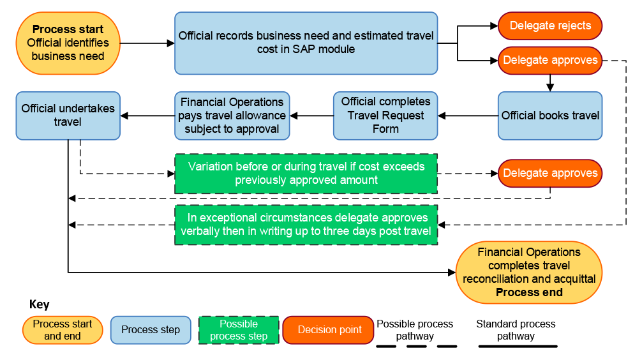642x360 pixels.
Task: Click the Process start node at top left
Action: click(x=68, y=43)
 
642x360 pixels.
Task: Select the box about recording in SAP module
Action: click(x=306, y=43)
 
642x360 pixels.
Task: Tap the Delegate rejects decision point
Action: click(x=549, y=26)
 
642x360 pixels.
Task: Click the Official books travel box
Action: click(x=549, y=116)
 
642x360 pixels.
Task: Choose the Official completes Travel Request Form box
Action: click(x=385, y=116)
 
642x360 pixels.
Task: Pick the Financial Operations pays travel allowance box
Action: click(x=232, y=116)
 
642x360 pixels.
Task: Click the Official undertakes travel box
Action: click(x=68, y=116)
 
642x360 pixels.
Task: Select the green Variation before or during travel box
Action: click(x=306, y=174)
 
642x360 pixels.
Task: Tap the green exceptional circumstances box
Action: click(x=306, y=225)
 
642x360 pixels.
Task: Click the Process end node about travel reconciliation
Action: click(x=529, y=272)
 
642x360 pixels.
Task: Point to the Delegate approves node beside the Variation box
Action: click(x=549, y=174)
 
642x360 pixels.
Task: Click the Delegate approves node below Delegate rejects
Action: click(x=549, y=61)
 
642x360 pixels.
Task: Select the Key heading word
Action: click(x=39, y=304)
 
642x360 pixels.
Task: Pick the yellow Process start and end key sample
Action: click(x=62, y=330)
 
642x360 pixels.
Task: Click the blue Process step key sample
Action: click(x=151, y=330)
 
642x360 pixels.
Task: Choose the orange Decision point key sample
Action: click(x=328, y=330)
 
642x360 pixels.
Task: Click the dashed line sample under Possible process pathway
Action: click(x=415, y=347)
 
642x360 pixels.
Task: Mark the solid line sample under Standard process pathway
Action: click(x=518, y=347)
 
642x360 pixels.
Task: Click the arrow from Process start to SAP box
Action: click(x=147, y=43)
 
